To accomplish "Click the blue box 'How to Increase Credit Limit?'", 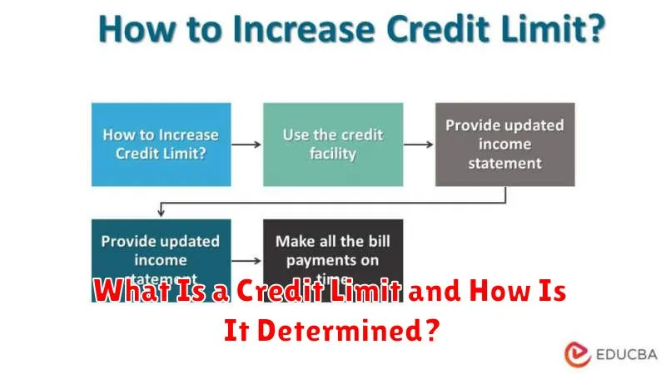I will pyautogui.click(x=160, y=143).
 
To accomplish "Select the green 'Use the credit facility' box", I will pyautogui.click(x=333, y=143).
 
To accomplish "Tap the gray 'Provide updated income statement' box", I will pyautogui.click(x=505, y=143).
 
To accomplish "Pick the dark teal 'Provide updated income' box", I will pyautogui.click(x=160, y=249).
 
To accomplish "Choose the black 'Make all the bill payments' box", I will pyautogui.click(x=333, y=249).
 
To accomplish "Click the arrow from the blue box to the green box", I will pyautogui.click(x=246, y=144).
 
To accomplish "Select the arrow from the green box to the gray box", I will pyautogui.click(x=419, y=144).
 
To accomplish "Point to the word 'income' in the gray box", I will pyautogui.click(x=505, y=144).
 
